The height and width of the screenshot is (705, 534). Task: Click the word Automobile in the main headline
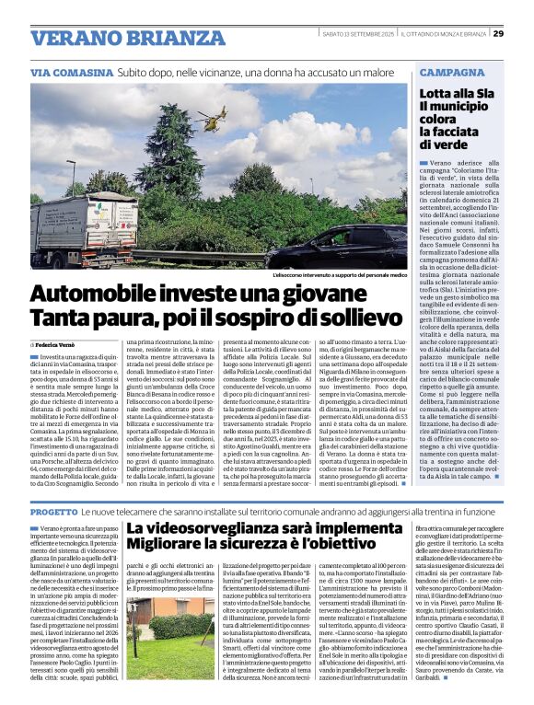94,295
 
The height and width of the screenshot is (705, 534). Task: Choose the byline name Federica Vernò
65,344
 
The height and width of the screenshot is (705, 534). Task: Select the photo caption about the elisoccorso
340,275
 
